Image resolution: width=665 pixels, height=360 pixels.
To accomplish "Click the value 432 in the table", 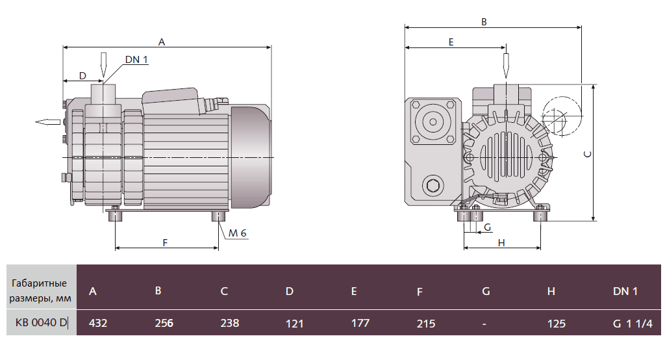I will tap(97, 323).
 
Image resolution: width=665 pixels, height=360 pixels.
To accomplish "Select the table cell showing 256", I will tap(164, 323).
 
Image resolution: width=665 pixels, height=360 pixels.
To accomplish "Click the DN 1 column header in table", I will tap(625, 291).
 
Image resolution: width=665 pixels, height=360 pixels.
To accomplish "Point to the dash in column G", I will tap(484, 323).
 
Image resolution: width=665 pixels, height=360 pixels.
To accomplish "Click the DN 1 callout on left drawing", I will tap(136, 60).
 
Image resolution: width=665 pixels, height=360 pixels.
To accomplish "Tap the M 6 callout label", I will tap(238, 233).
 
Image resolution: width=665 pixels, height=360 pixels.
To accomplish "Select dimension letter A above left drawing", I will tap(162, 42).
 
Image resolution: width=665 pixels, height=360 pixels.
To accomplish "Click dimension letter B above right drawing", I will tap(484, 21).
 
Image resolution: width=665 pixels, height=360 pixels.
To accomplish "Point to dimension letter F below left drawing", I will tap(165, 242).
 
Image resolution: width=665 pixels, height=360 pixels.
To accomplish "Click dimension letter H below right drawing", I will tap(501, 242).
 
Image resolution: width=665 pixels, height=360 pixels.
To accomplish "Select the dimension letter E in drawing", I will tap(451, 42).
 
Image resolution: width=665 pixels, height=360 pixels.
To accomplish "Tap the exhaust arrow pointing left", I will tap(47, 122).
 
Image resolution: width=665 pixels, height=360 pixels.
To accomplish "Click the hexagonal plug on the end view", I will tap(433, 187).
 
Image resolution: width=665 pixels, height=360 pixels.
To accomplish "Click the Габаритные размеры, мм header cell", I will tap(38, 291).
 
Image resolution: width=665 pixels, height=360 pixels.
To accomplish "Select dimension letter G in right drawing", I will tap(487, 227).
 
